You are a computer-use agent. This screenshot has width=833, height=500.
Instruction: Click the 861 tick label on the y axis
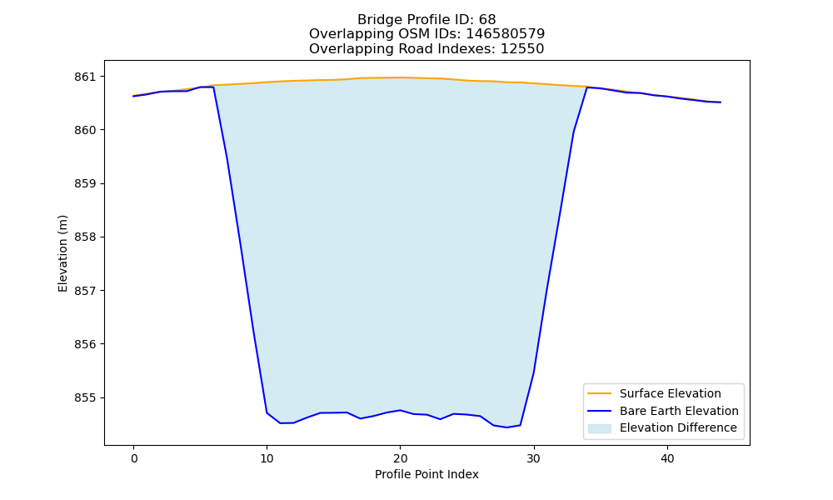[x=85, y=77]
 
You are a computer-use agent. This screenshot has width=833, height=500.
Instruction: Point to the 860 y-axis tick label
[x=85, y=130]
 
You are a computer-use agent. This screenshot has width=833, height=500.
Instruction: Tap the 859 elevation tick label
[x=85, y=184]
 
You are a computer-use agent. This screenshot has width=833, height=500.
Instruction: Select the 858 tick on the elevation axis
[x=85, y=237]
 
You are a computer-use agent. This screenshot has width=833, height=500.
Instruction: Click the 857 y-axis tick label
[x=85, y=291]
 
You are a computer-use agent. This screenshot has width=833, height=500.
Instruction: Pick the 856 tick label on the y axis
[x=85, y=344]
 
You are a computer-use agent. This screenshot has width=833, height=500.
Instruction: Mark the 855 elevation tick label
[x=85, y=398]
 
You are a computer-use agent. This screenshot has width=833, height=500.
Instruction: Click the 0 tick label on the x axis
[x=134, y=458]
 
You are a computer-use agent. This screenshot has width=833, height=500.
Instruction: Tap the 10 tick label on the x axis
[x=267, y=458]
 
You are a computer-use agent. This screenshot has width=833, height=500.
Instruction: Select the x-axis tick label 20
[x=400, y=458]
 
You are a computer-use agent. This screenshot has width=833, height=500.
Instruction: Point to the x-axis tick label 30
[x=534, y=458]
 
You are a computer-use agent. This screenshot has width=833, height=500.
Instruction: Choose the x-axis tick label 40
[x=667, y=458]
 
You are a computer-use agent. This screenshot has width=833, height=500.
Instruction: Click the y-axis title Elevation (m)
[x=63, y=253]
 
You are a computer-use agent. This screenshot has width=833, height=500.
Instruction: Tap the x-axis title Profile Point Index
[x=426, y=474]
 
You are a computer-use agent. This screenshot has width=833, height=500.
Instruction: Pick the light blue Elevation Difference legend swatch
[x=599, y=428]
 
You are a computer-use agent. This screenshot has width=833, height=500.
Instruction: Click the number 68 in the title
[x=487, y=20]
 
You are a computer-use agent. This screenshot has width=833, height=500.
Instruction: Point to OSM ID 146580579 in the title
[x=506, y=34]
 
